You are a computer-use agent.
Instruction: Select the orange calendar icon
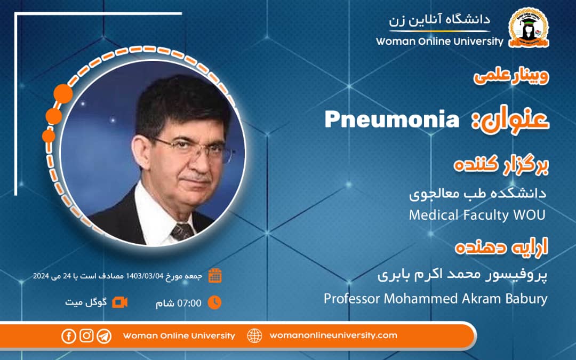tap(215, 275)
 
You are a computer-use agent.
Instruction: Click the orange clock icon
tap(214, 302)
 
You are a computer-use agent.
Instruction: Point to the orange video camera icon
tap(120, 302)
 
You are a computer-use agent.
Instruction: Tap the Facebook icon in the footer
tap(69, 335)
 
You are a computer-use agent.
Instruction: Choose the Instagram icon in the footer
tap(86, 335)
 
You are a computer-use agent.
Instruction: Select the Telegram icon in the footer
tap(104, 335)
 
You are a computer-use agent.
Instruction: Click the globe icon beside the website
tap(255, 335)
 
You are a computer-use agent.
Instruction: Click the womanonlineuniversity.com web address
tap(333, 335)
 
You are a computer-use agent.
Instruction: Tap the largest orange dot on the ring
tap(63, 93)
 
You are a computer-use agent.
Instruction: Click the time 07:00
tap(189, 303)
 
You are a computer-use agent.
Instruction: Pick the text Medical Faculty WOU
tap(478, 215)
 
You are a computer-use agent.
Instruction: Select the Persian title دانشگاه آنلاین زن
tap(440, 20)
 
